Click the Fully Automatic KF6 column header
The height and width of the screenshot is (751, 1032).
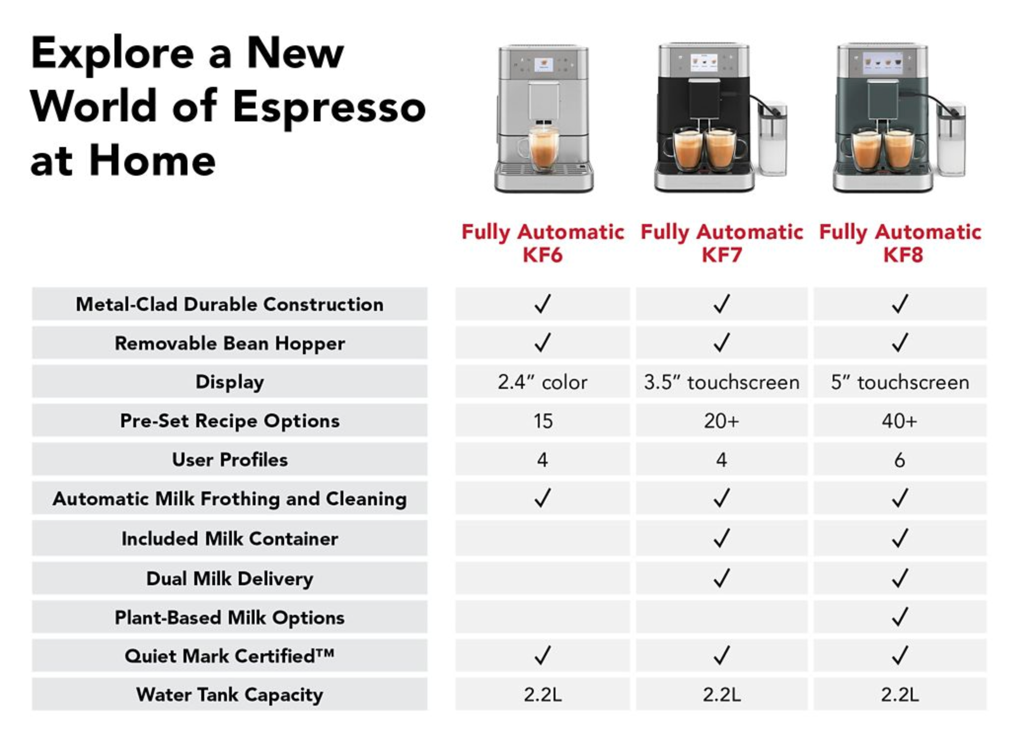(x=543, y=243)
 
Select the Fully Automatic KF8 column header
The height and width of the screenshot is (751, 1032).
(x=900, y=243)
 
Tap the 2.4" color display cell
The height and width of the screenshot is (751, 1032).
(x=542, y=382)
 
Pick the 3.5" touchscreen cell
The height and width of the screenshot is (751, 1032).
(x=721, y=382)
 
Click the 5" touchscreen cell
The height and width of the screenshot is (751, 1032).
(x=900, y=382)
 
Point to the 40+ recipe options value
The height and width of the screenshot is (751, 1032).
(x=899, y=421)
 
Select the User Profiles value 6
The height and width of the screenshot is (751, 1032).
(x=899, y=460)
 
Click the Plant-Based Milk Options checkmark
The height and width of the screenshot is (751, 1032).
(x=900, y=616)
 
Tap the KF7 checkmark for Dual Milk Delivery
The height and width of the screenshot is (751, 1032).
(x=721, y=577)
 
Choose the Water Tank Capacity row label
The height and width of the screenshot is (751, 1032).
(x=230, y=695)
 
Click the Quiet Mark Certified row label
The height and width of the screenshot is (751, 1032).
(x=230, y=656)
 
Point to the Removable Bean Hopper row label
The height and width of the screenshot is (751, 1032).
(x=230, y=343)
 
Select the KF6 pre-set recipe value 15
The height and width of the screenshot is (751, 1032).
(x=543, y=421)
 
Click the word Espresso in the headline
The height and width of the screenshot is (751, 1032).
(x=329, y=108)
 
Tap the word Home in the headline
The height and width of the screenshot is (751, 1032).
(x=152, y=161)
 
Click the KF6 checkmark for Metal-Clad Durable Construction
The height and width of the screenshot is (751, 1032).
(x=542, y=303)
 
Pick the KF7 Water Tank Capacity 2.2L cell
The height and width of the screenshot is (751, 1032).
(x=721, y=694)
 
